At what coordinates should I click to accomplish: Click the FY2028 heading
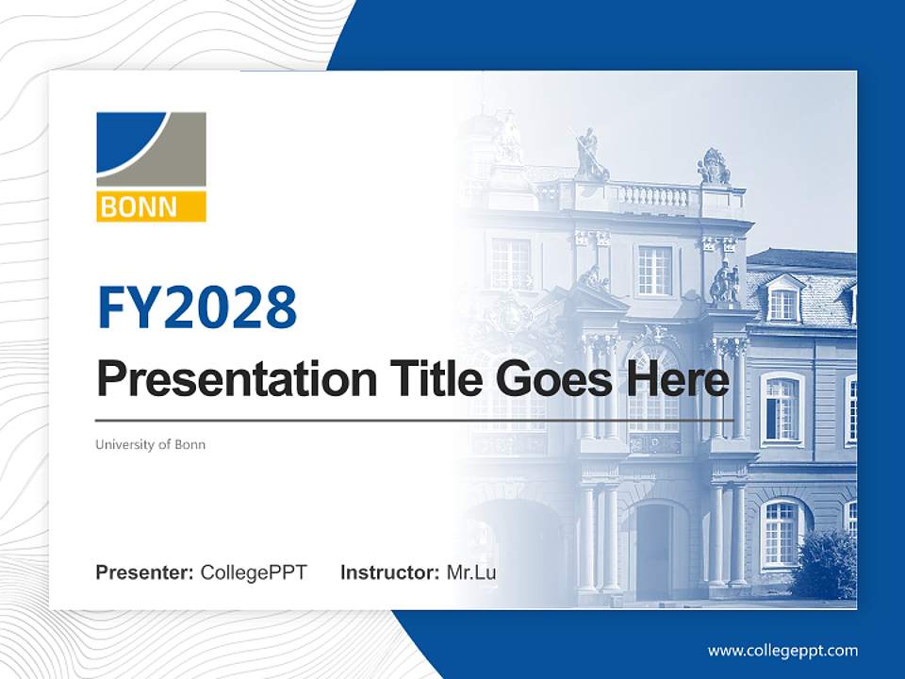point(197,307)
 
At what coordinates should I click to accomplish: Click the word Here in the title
point(677,379)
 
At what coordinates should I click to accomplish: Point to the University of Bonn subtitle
point(150,444)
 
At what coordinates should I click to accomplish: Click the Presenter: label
point(145,572)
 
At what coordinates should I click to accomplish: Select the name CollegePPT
point(254,572)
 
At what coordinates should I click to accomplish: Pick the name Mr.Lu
point(471,572)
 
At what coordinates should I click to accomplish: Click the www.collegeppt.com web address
point(782,651)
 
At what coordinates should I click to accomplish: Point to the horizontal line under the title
point(415,420)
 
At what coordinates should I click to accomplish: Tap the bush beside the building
point(825,564)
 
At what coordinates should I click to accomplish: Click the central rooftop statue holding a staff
point(589,156)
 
